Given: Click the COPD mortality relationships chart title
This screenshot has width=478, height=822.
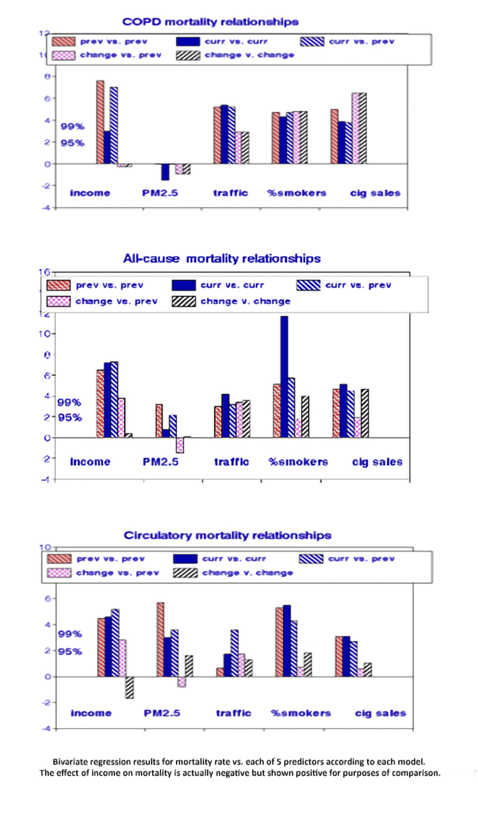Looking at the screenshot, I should (210, 22).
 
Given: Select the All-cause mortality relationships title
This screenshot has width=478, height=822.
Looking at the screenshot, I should (222, 258).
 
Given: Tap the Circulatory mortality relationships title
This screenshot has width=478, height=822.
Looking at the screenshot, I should (227, 535).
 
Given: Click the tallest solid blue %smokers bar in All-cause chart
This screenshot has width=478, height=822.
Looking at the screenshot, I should (284, 376).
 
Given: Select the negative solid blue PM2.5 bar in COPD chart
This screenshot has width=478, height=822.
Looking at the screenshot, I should (165, 172).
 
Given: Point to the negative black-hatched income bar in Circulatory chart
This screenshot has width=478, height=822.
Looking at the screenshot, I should (129, 687).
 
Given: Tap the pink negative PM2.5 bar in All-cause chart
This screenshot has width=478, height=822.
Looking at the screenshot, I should (180, 445).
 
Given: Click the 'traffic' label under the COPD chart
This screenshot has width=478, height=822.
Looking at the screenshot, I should (230, 193).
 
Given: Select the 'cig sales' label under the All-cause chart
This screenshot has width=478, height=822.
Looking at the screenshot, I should (377, 462).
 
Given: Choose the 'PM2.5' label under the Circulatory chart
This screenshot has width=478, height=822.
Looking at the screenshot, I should (162, 713).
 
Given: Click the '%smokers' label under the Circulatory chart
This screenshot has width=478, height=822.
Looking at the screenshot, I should (301, 713).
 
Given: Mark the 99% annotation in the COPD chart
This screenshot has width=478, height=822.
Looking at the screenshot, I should (73, 126).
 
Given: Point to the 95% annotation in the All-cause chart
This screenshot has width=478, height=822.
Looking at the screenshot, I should (70, 417).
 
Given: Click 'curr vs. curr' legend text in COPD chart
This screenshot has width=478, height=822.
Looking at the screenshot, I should (236, 42).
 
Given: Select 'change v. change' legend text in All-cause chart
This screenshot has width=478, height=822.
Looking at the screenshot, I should (245, 301).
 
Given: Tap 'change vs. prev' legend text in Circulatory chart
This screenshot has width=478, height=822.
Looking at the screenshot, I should (118, 573).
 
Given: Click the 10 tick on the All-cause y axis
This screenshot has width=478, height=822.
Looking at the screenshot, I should (45, 334).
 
